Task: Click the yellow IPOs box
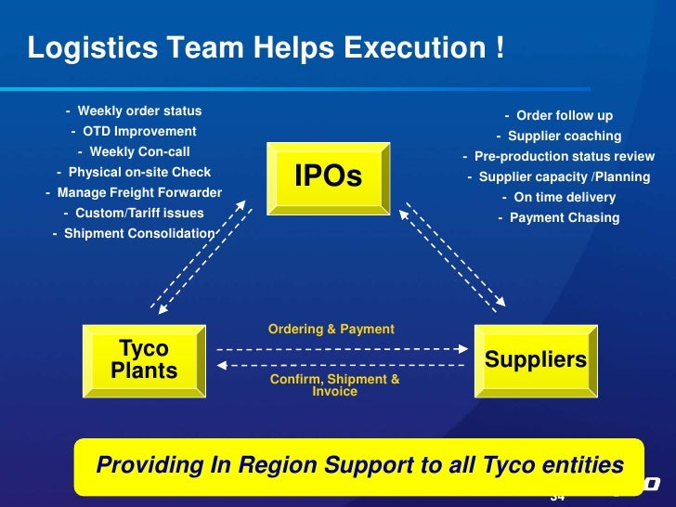328,176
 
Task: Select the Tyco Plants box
144,360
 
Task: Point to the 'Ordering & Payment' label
331,329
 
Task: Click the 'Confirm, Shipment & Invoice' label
334,385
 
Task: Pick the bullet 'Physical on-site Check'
134,172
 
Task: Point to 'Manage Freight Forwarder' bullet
134,193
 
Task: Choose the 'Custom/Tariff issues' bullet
134,213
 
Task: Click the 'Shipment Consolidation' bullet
134,233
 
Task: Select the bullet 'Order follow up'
558,116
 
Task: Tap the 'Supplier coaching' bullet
558,136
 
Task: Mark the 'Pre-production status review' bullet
558,157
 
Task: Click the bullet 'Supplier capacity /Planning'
558,177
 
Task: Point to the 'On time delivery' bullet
558,198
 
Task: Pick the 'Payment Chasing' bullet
558,218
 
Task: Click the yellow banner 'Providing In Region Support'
358,464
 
